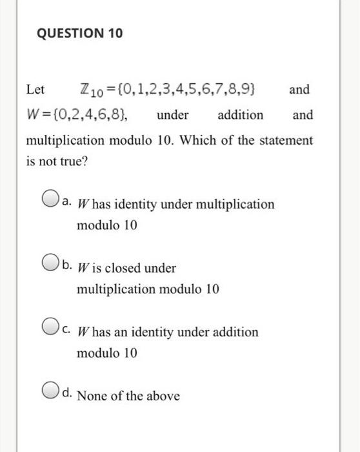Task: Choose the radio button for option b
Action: (52, 265)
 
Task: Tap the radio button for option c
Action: (52, 331)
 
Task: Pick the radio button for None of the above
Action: (52, 394)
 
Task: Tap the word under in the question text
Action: (172, 116)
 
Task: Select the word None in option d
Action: (91, 396)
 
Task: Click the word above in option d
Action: (163, 396)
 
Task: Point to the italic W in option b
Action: (83, 267)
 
